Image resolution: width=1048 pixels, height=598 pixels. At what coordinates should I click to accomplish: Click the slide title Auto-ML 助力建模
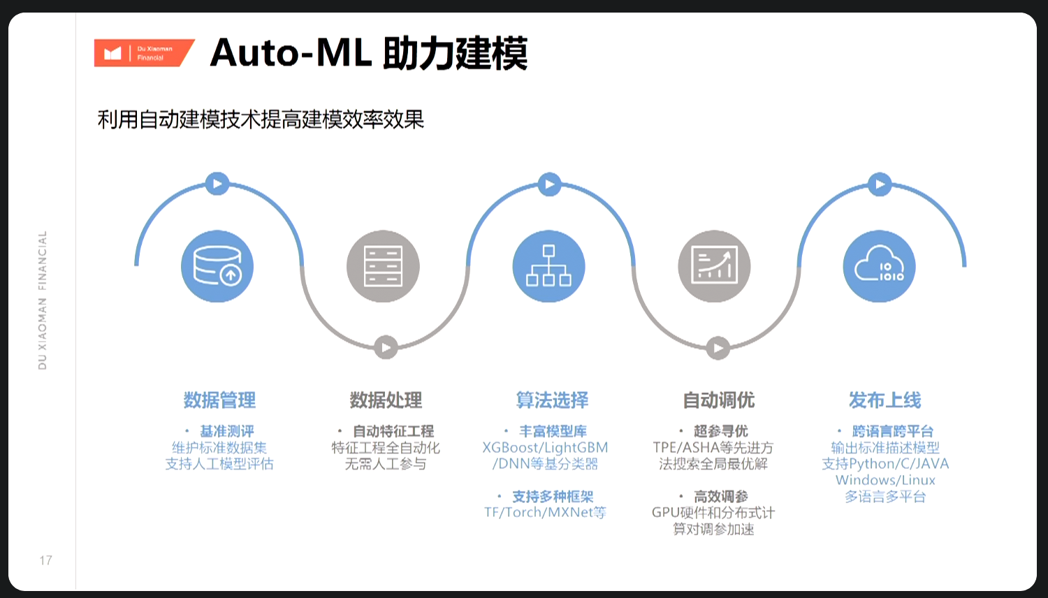[368, 53]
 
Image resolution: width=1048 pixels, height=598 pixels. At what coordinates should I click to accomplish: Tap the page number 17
[45, 560]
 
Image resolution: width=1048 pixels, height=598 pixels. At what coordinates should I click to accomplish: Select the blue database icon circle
[217, 266]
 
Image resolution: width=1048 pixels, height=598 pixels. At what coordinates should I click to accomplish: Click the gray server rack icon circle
[383, 266]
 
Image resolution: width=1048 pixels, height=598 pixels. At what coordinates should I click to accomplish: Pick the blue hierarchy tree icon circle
[548, 266]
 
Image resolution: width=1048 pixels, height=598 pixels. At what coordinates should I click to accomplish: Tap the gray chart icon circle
[714, 266]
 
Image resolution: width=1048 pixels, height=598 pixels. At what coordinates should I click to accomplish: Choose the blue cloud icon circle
[879, 266]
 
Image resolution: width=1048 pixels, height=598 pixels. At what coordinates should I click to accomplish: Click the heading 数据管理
[219, 400]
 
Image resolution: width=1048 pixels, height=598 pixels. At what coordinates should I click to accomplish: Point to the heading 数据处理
[386, 400]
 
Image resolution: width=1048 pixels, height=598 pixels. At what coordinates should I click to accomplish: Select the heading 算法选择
[552, 400]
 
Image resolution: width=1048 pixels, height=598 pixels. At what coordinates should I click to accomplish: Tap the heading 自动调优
[718, 400]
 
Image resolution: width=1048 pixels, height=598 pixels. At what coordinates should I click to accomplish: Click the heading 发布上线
[885, 400]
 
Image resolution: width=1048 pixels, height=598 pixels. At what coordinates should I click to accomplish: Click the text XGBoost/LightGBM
[545, 448]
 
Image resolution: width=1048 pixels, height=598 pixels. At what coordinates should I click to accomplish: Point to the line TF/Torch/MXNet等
[545, 513]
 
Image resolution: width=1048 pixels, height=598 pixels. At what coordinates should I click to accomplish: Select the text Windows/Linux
[885, 480]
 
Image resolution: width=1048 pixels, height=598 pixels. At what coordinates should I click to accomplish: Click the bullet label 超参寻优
[720, 431]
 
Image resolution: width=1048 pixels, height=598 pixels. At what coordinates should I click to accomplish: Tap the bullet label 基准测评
[227, 431]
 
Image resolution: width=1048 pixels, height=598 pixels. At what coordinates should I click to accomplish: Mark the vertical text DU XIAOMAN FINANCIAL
[43, 300]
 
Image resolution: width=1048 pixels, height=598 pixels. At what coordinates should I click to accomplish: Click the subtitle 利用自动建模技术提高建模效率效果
[261, 119]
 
